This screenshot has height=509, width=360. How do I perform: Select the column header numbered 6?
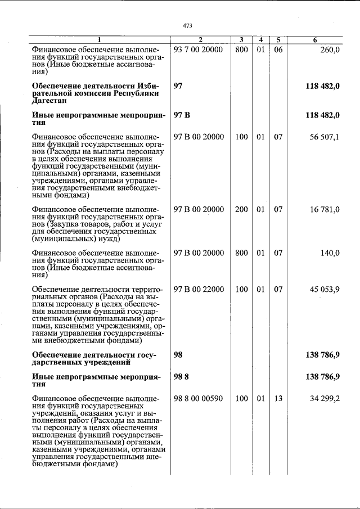point(315,40)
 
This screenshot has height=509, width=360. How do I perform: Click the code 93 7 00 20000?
point(199,49)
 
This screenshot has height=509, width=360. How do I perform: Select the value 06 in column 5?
point(278,49)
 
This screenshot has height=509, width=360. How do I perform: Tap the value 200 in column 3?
point(241,210)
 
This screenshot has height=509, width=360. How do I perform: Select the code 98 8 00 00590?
point(199,399)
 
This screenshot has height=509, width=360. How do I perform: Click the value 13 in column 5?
point(278,399)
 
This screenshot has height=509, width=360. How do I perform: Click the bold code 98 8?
point(181,377)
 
